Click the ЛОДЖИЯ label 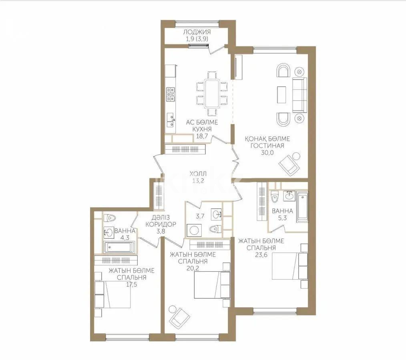(x=197, y=32)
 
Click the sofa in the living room (x=299, y=95)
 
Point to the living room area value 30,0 (x=267, y=152)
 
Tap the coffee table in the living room (x=282, y=95)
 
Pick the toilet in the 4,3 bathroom (x=110, y=218)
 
